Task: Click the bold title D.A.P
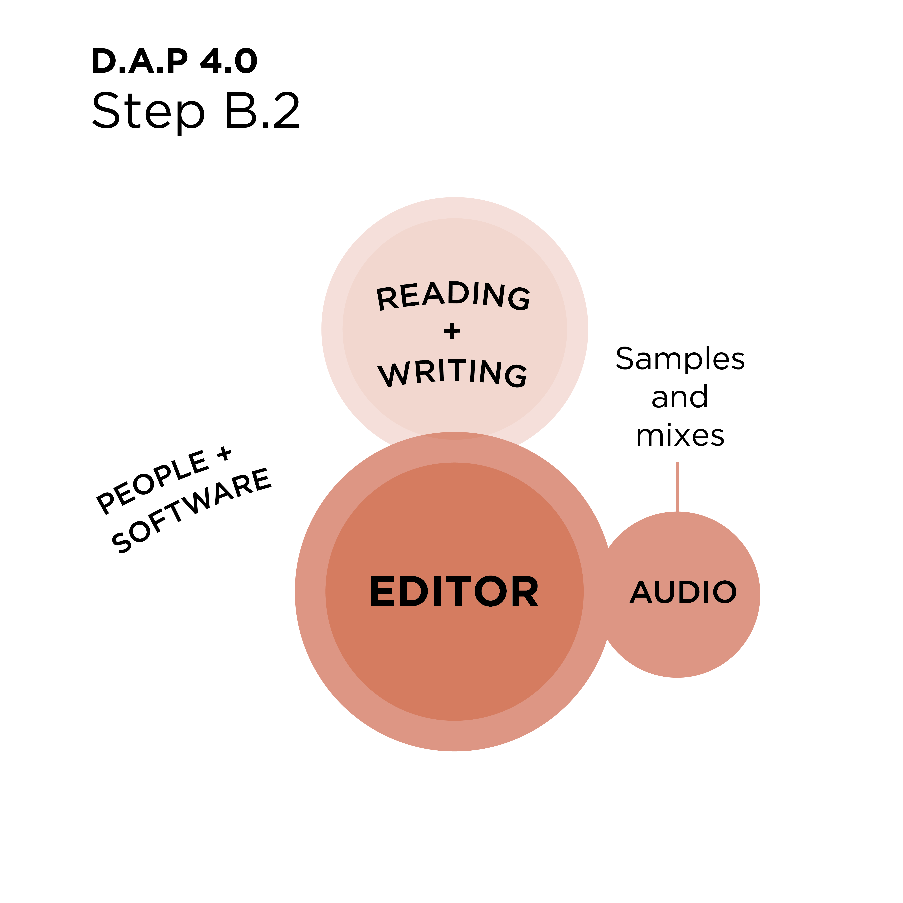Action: click(x=140, y=61)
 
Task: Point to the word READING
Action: click(x=453, y=296)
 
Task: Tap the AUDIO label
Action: click(x=683, y=592)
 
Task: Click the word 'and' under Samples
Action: click(x=680, y=397)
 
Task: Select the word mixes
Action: click(x=680, y=436)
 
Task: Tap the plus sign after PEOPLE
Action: click(x=224, y=453)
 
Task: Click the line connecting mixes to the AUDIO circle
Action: click(x=677, y=487)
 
